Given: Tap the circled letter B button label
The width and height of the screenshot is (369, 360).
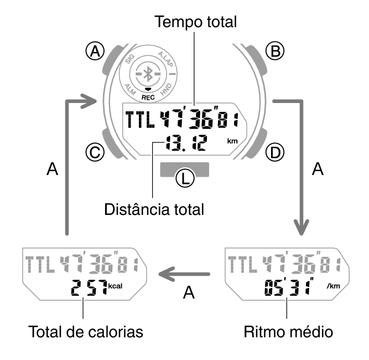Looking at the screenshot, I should tap(273, 52).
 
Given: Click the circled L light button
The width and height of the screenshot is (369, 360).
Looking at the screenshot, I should tap(184, 177).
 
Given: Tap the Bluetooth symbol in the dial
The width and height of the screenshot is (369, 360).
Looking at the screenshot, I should tap(147, 74).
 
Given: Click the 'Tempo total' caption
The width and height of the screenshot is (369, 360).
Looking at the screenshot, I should tap(196, 22).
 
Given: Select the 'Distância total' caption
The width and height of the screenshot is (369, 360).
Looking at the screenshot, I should tap(154, 210).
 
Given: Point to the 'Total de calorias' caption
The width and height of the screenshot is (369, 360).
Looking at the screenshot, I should tap(86, 332).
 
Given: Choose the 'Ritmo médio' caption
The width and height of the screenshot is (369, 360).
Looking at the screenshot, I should tap(288, 332).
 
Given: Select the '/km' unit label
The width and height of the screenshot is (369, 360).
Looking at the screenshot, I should tap(334, 286).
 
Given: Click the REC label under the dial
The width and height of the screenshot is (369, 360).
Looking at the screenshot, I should tap(147, 96).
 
